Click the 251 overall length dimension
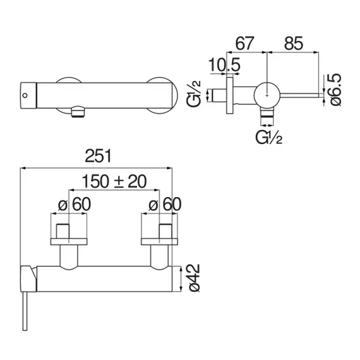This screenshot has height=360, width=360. [98, 156]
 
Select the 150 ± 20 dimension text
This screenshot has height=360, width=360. [114, 181]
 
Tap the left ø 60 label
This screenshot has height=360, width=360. [75, 204]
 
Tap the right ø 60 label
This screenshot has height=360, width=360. [165, 204]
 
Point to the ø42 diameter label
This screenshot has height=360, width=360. [194, 278]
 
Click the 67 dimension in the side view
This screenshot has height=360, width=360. [245, 44]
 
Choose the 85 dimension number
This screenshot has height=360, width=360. [294, 44]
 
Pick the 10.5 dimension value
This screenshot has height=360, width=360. [224, 65]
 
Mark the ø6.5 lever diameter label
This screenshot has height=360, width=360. [335, 90]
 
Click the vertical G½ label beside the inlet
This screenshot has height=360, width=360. [194, 94]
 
